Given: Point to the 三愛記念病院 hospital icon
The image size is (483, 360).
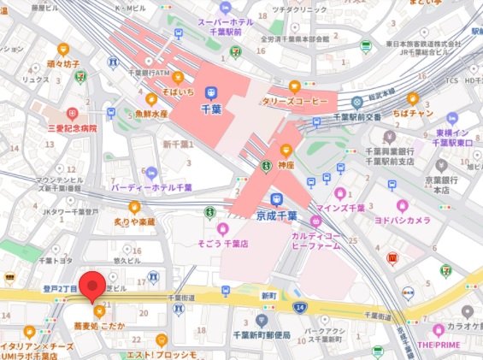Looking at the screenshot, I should tap(73, 112).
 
